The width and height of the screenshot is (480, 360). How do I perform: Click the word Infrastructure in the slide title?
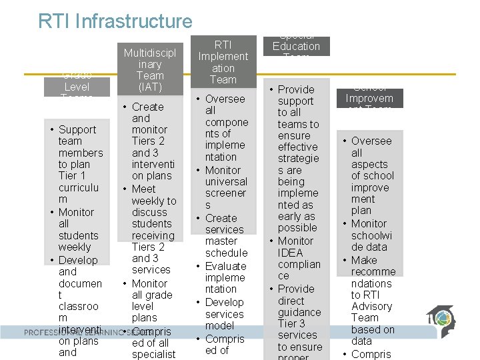point(143,21)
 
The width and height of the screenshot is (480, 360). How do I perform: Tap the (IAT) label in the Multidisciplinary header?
point(150,87)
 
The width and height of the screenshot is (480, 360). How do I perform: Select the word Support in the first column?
point(77,129)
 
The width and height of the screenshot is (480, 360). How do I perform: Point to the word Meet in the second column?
point(143,189)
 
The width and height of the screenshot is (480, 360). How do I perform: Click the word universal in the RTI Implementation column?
point(226,181)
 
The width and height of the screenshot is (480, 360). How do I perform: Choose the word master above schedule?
point(221,241)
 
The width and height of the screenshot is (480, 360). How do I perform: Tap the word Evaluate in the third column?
point(225,266)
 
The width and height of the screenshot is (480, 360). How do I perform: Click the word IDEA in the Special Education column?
point(290,253)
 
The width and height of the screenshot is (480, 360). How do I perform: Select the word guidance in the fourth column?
point(299,312)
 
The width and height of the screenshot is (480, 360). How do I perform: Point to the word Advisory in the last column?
point(372,306)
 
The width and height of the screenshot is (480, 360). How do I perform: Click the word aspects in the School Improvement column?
point(369,164)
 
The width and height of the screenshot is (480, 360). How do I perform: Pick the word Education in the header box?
point(296,46)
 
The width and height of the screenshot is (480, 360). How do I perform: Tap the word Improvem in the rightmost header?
point(369,98)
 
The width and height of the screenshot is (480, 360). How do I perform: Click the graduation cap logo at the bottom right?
point(440,320)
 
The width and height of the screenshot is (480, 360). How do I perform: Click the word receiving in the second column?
point(153,235)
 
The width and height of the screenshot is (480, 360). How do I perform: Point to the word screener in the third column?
point(225,193)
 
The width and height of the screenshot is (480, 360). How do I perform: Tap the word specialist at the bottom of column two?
point(153,354)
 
